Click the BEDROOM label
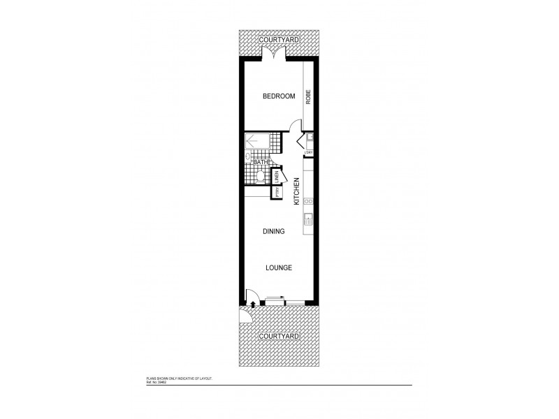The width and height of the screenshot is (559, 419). [x=278, y=96]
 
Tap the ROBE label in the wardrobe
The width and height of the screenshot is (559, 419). [x=307, y=97]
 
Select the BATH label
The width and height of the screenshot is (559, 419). [x=261, y=162]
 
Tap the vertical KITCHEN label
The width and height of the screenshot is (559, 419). [x=297, y=190]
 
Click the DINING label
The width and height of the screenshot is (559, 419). [x=274, y=232]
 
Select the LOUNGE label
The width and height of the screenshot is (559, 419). [x=278, y=267]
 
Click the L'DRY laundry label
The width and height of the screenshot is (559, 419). [x=308, y=153]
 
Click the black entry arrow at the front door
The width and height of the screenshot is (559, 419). [x=252, y=304]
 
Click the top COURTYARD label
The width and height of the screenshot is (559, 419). [x=279, y=40]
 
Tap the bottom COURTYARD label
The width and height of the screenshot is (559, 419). [x=279, y=336]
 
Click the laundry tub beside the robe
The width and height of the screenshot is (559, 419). [x=308, y=138]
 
